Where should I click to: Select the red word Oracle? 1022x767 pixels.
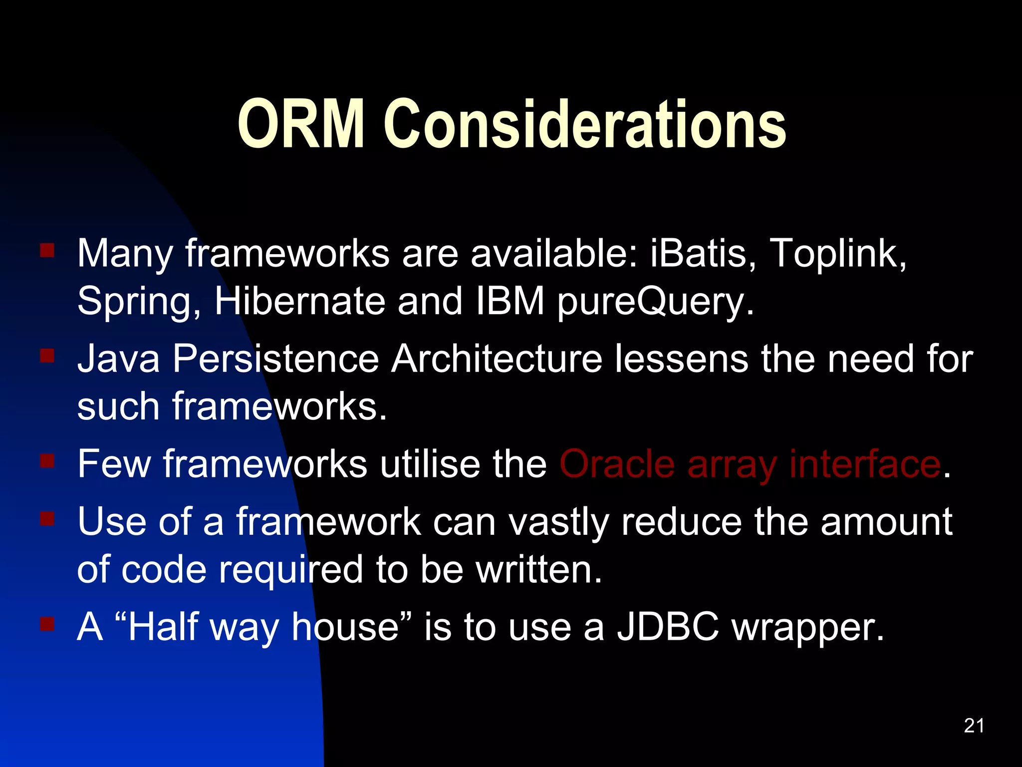[x=617, y=464]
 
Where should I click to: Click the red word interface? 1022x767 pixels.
[x=865, y=464]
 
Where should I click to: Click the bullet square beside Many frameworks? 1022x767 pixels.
[x=47, y=250]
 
